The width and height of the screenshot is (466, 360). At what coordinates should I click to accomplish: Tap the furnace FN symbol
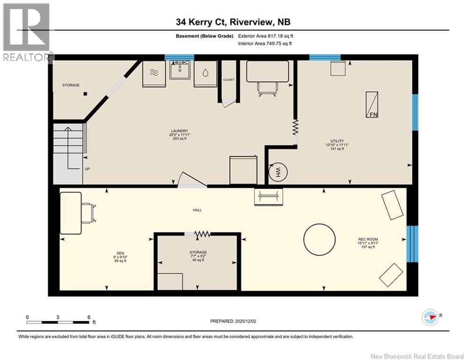click(x=372, y=105)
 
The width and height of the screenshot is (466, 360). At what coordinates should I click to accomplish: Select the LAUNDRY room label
click(x=179, y=131)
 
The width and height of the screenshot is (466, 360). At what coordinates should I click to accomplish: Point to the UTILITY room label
click(x=337, y=141)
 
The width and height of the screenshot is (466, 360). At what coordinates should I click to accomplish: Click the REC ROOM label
click(x=368, y=239)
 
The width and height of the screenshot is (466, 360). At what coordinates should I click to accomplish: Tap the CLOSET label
click(x=229, y=80)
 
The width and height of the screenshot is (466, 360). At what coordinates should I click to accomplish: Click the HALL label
click(x=197, y=210)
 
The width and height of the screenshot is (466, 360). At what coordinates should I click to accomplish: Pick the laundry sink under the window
click(x=180, y=70)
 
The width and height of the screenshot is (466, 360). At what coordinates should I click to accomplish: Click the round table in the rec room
click(x=319, y=240)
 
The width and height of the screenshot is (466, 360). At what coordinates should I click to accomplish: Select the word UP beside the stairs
click(x=87, y=169)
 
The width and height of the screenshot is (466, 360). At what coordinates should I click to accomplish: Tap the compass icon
click(x=430, y=317)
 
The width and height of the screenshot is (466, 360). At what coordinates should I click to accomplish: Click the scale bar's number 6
click(x=89, y=317)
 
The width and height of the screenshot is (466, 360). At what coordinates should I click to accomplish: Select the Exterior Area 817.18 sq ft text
click(x=266, y=36)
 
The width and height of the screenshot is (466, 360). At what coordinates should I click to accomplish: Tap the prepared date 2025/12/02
click(x=245, y=321)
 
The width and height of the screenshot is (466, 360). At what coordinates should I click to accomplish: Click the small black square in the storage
click(x=85, y=94)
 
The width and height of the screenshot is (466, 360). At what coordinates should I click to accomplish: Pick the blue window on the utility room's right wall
click(x=415, y=112)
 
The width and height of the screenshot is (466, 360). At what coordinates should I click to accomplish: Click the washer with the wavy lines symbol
click(x=154, y=74)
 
